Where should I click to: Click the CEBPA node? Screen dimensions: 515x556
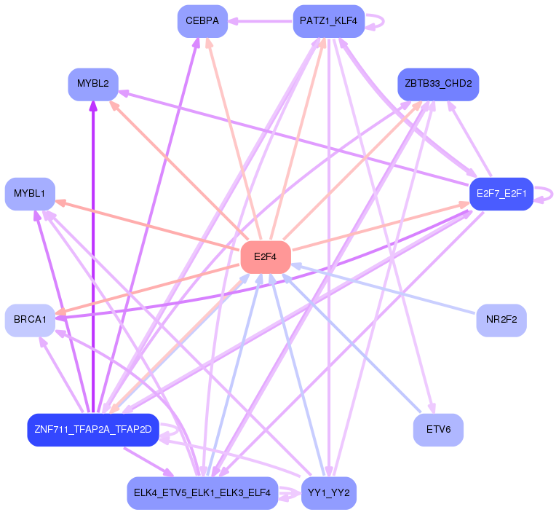[202, 21]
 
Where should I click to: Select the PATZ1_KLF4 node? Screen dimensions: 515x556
[328, 21]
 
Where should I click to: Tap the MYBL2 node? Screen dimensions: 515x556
[93, 84]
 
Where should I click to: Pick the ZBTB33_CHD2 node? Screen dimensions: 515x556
[438, 84]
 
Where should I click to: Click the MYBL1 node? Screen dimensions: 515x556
[30, 193]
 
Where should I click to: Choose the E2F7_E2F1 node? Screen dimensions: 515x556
[501, 194]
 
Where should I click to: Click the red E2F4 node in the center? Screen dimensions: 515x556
[266, 257]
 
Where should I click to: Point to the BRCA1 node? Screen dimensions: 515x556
[30, 320]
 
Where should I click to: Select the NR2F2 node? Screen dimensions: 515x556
[501, 320]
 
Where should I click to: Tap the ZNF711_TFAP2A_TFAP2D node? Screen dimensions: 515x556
[92, 430]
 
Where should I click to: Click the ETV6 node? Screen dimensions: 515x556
[438, 430]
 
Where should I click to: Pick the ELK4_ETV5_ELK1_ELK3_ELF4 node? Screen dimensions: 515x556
[202, 493]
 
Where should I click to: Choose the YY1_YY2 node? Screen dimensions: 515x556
[328, 493]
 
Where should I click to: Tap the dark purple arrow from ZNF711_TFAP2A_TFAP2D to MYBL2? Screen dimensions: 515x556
[93, 255]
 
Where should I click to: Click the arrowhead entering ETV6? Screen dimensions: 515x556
[432, 409]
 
